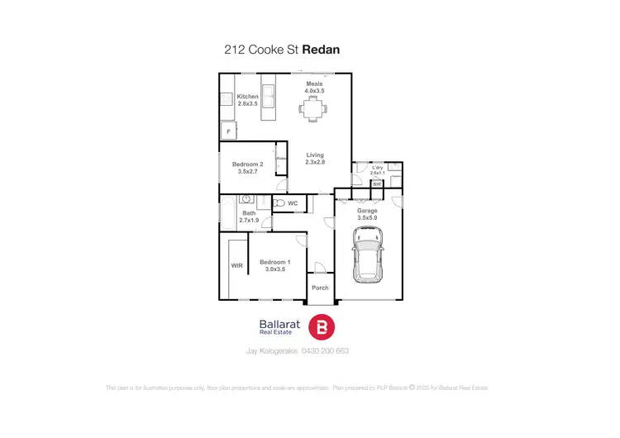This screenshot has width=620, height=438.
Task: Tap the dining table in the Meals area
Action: [312, 107]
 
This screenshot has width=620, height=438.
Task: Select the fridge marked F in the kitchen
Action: [228, 131]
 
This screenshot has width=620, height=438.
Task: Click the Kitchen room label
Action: [248, 97]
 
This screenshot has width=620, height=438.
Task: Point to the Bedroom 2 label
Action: [248, 164]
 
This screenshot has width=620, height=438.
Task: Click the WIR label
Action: [236, 265]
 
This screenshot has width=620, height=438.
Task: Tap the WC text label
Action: [293, 202]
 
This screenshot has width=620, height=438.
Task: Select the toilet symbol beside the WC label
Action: [279, 202]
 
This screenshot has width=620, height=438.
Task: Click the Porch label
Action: [320, 288]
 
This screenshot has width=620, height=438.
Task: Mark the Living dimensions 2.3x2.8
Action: [315, 163]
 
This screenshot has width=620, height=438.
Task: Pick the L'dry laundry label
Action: [378, 168]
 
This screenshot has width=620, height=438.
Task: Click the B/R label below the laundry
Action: [377, 184]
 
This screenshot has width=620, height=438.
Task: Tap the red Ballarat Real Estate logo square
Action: [321, 327]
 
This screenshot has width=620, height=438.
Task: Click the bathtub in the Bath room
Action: [227, 215]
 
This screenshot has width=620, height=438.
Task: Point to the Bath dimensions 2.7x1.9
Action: [249, 221]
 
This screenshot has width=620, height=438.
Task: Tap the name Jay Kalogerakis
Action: [274, 350]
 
